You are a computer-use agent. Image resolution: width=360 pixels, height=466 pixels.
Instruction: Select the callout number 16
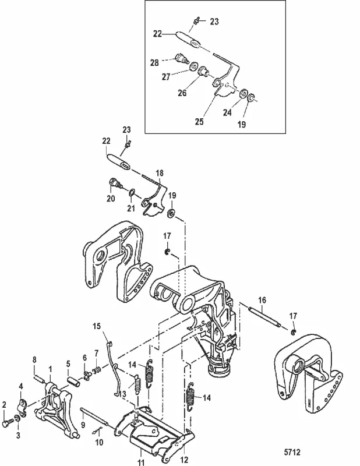[262, 301]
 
